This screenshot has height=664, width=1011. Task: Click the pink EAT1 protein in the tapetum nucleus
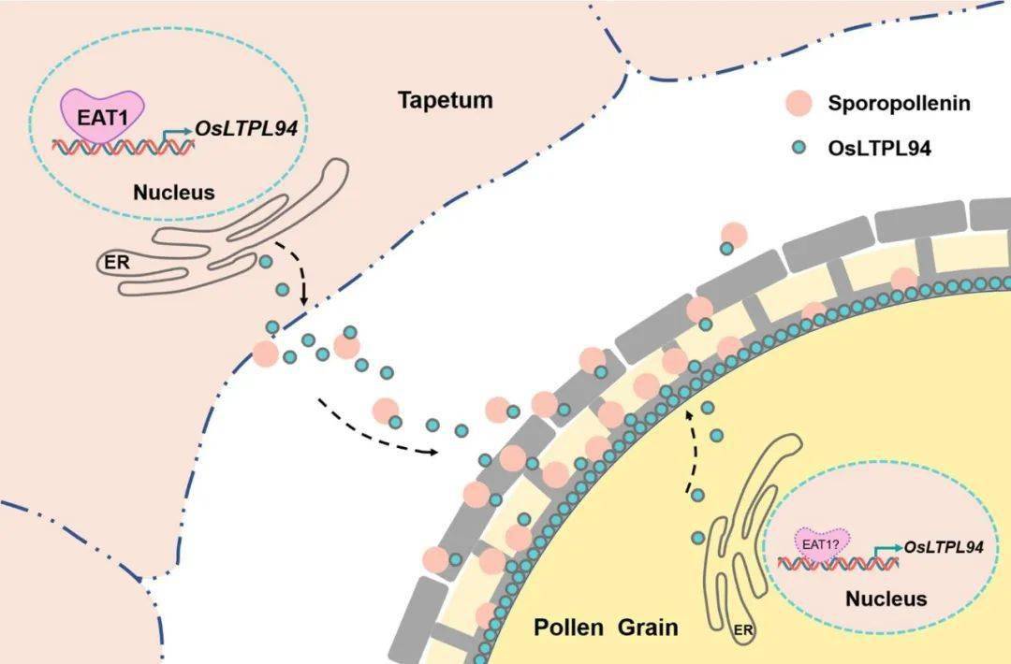(102, 116)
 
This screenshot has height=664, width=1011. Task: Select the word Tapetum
(446, 100)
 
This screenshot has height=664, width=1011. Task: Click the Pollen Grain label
(606, 627)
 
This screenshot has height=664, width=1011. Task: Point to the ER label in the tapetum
(117, 262)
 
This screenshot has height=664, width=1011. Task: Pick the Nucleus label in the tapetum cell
(174, 192)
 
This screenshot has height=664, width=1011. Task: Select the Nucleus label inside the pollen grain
(886, 599)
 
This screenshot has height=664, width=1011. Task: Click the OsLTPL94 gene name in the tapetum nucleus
(246, 129)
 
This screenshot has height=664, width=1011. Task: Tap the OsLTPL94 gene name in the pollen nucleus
(944, 547)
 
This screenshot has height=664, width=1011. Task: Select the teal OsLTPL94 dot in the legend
(799, 148)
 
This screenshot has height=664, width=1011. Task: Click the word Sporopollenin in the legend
(899, 103)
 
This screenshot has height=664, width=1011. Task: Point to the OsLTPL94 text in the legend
(879, 148)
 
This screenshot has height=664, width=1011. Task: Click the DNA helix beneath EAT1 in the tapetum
(123, 148)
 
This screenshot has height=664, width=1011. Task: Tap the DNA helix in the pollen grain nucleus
(838, 564)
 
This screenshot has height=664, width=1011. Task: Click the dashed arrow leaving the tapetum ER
(298, 269)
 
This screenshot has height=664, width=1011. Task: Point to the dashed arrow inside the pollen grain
(688, 451)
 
